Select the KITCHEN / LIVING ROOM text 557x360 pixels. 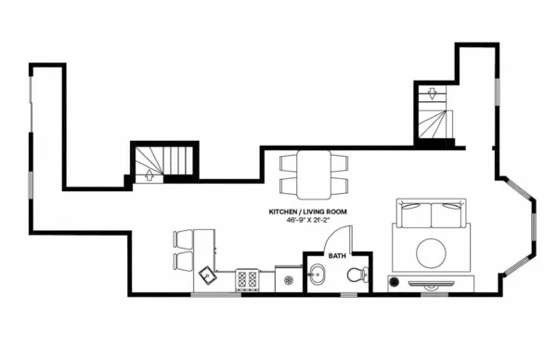[308, 212]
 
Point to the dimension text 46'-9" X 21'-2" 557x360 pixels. [308, 222]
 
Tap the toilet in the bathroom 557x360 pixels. [355, 275]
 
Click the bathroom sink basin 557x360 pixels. [318, 276]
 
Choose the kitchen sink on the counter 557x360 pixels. [207, 276]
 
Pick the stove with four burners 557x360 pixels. [248, 277]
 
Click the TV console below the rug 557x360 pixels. [437, 280]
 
